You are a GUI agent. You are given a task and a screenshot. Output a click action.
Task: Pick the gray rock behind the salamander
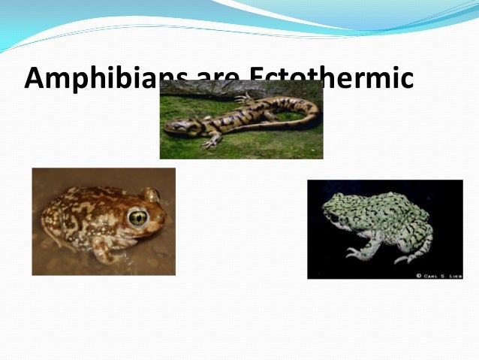point(203,89)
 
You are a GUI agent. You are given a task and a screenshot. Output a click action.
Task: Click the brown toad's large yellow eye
point(138,218)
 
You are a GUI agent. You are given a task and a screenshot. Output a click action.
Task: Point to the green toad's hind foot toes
point(405,259)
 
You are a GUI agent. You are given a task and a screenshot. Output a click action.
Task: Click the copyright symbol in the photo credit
point(418,275)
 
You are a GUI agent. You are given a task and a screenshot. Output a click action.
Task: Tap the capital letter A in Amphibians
point(35,78)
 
